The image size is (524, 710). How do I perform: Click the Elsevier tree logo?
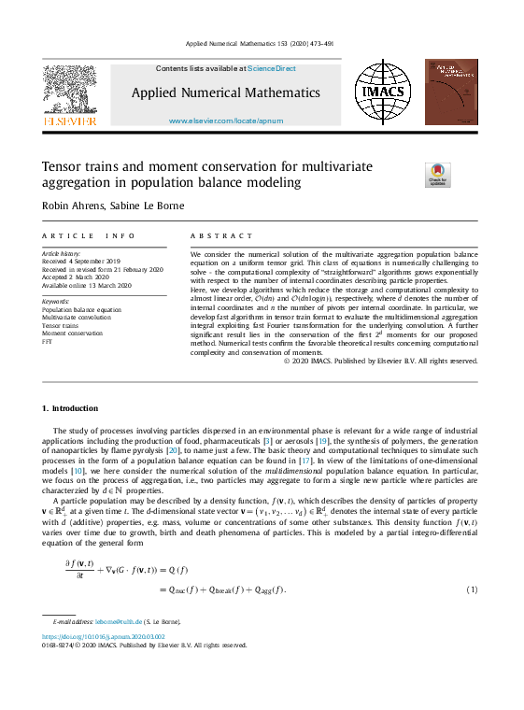tap(69, 91)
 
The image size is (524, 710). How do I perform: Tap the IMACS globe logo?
tap(381, 92)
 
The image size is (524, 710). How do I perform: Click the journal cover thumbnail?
tap(450, 92)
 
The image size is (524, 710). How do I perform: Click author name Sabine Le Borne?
tap(156, 205)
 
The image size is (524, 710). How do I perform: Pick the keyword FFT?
tap(49, 340)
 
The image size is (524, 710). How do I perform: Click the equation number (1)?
tap(472, 589)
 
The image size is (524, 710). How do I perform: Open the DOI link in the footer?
tap(104, 636)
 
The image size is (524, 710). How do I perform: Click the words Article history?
tap(62, 254)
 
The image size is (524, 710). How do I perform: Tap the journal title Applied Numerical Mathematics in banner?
tap(225, 92)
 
